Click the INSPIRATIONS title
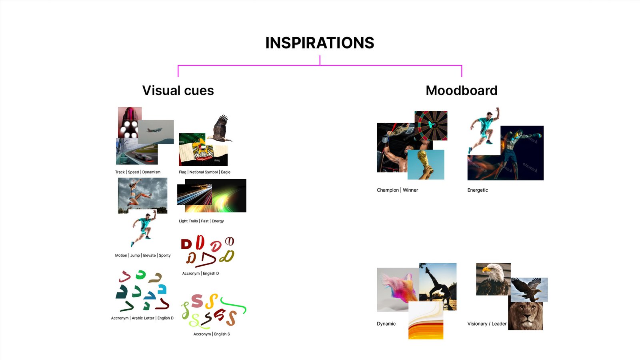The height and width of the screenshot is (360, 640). [x=320, y=43]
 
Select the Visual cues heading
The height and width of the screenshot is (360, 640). [x=178, y=90]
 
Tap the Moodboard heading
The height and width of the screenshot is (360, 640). [x=462, y=90]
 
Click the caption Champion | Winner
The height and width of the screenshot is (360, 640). [x=397, y=190]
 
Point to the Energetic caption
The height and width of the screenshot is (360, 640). [x=478, y=190]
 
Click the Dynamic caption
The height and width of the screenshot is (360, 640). [x=386, y=324]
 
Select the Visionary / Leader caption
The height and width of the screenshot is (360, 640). [x=487, y=324]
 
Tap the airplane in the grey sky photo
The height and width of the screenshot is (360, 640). [x=154, y=130]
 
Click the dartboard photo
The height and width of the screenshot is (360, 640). [x=431, y=126]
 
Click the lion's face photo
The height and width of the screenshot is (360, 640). [x=526, y=316]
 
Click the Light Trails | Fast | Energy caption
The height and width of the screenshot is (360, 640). [x=201, y=221]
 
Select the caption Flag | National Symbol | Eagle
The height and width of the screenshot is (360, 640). [x=204, y=172]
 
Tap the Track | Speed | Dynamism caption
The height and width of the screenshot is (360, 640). [x=138, y=172]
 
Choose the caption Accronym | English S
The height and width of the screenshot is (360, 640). [x=212, y=334]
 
